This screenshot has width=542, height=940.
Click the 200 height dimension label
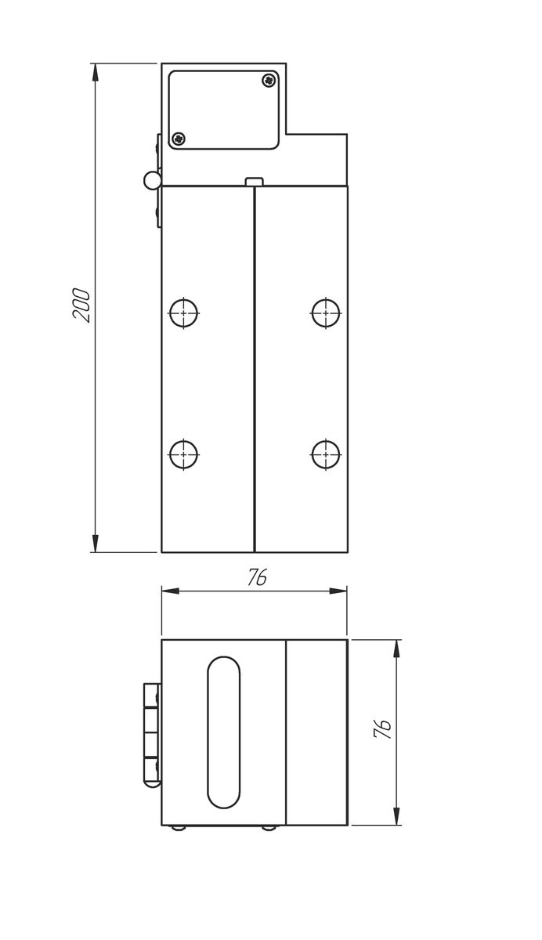[x=81, y=305]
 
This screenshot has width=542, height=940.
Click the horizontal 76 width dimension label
[x=257, y=578]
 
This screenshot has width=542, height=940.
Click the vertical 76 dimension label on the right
[x=382, y=729]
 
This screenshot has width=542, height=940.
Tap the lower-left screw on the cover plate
[x=179, y=138]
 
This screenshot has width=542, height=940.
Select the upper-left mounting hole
[x=184, y=313]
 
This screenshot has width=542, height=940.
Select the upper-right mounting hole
[x=326, y=313]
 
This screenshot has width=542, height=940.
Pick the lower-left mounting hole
[x=184, y=454]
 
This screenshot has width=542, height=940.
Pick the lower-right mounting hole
[x=326, y=454]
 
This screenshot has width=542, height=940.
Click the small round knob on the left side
[x=152, y=179]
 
